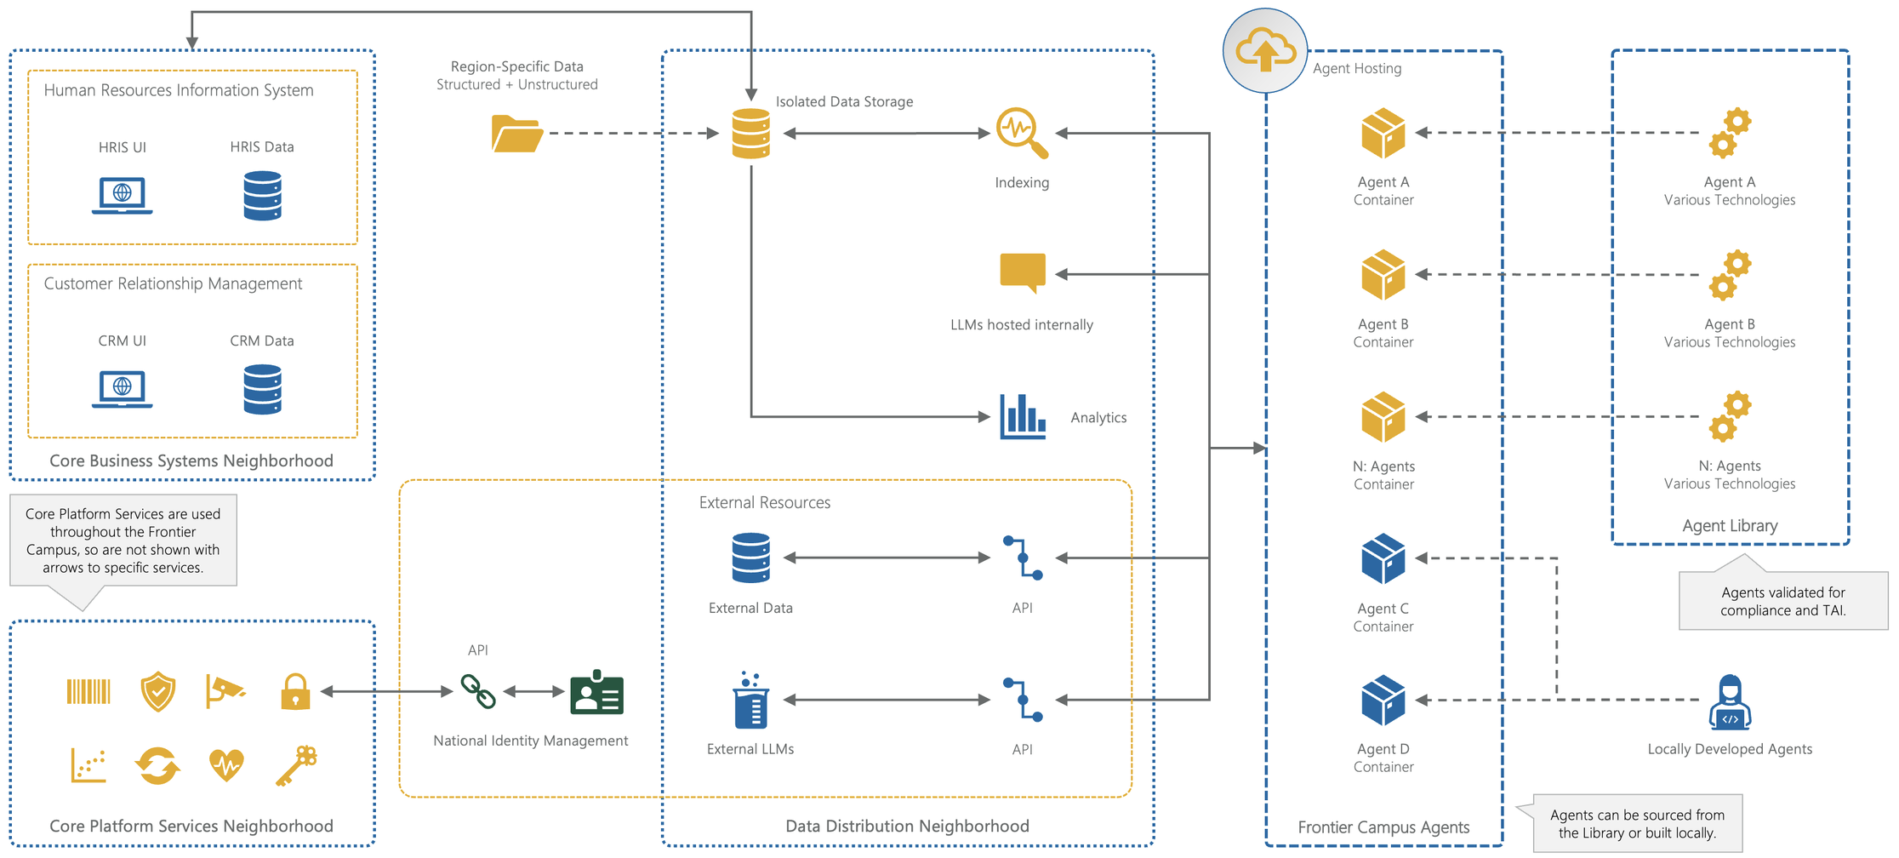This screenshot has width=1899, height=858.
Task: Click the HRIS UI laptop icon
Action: click(x=122, y=196)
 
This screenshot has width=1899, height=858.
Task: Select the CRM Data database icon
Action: click(x=262, y=389)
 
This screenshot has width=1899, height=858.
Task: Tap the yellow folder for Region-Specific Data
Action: click(x=516, y=134)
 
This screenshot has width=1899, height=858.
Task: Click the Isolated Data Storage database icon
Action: click(x=750, y=134)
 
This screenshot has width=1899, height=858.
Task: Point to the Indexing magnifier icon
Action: click(x=1021, y=133)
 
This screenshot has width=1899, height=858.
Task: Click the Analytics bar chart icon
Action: click(x=1022, y=416)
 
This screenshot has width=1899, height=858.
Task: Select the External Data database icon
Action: click(x=750, y=558)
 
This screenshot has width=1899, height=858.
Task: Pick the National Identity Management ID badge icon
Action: click(x=596, y=692)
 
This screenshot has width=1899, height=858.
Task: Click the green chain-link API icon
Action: click(x=478, y=691)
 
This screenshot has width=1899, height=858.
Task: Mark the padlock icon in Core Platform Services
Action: click(x=295, y=691)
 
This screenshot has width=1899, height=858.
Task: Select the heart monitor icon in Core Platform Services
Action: click(x=226, y=764)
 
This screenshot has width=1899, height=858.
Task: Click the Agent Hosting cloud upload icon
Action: click(x=1265, y=51)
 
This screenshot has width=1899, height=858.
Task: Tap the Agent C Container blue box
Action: click(x=1383, y=558)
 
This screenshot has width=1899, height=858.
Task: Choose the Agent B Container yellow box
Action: click(x=1383, y=275)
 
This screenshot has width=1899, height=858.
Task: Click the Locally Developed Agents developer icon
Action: click(x=1730, y=702)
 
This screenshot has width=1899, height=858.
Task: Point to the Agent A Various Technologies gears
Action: click(x=1730, y=134)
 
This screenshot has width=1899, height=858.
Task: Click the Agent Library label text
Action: click(x=1730, y=526)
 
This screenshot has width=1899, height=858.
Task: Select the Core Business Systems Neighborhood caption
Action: click(x=191, y=460)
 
